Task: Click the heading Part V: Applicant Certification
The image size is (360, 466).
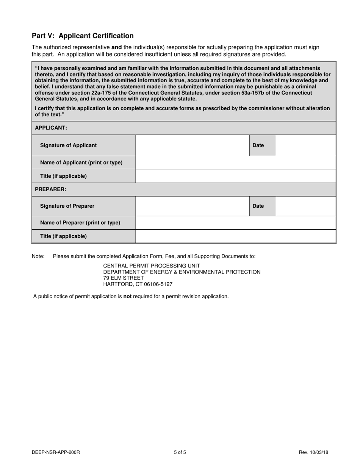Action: click(x=83, y=36)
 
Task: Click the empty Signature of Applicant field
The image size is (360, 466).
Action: click(x=192, y=145)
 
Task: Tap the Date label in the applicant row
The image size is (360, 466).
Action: click(x=258, y=145)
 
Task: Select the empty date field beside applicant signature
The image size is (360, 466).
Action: click(x=305, y=145)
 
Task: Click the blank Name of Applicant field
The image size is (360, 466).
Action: click(x=235, y=163)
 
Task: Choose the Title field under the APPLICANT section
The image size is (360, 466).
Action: click(x=235, y=176)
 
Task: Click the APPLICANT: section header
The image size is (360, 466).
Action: click(x=51, y=128)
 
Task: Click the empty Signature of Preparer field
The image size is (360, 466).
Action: click(x=192, y=206)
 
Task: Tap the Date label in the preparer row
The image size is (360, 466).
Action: click(x=258, y=206)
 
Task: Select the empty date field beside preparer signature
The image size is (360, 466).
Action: click(x=305, y=206)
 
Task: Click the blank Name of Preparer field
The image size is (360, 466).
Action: click(x=235, y=223)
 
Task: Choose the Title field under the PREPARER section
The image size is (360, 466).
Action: click(x=235, y=236)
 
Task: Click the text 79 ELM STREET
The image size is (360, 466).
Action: click(x=124, y=278)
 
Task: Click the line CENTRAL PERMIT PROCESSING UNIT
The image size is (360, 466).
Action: click(x=152, y=266)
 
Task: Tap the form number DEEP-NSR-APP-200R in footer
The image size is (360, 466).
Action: click(x=56, y=452)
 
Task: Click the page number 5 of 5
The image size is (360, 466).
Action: click(x=180, y=452)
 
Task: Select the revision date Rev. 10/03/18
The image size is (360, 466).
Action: click(x=313, y=452)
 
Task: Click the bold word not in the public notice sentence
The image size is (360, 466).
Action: click(x=127, y=296)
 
